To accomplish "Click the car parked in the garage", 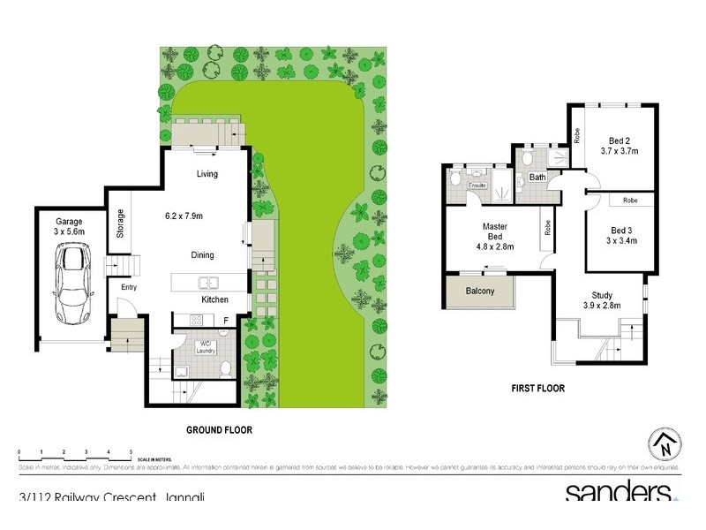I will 71,284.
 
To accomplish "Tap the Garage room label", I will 69,221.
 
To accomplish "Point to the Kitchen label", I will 215,300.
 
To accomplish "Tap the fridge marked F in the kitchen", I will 226,321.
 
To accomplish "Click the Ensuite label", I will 477,186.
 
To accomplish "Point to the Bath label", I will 537,178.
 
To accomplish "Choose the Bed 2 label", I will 620,140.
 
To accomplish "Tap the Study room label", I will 603,296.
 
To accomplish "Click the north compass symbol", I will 665,444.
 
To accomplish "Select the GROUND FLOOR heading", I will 219,430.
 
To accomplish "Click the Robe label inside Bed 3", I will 630,201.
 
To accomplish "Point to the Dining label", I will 203,254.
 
